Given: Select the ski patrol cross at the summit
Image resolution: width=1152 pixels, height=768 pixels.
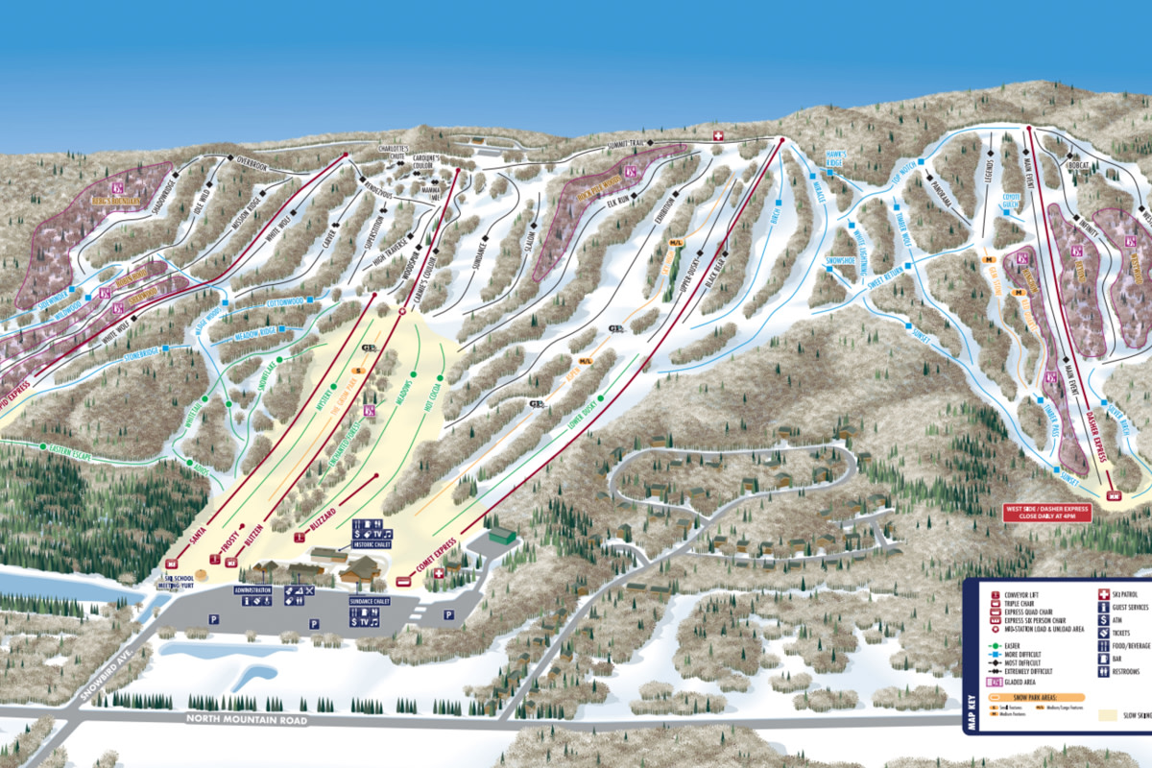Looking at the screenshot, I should coord(718,135).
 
